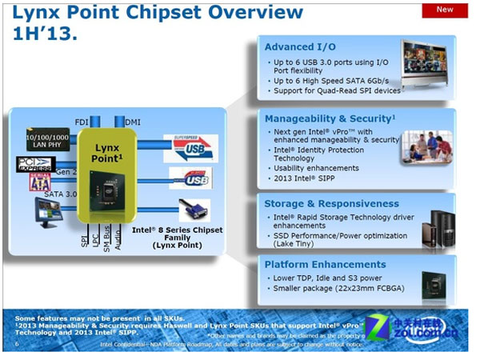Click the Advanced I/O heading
299,47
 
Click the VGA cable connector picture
192,213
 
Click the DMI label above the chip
132,122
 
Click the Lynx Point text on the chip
106,153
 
